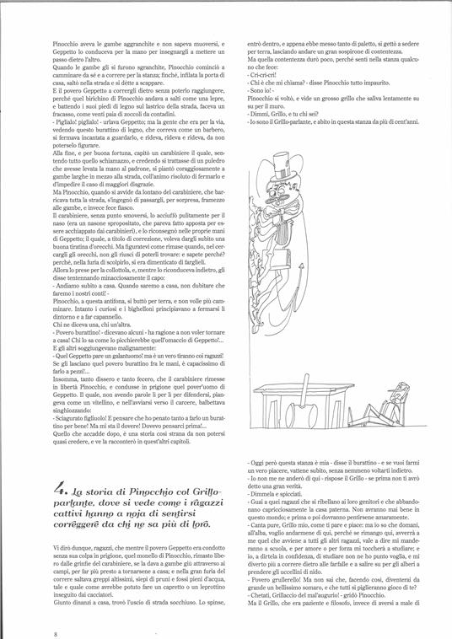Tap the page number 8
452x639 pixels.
55,610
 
